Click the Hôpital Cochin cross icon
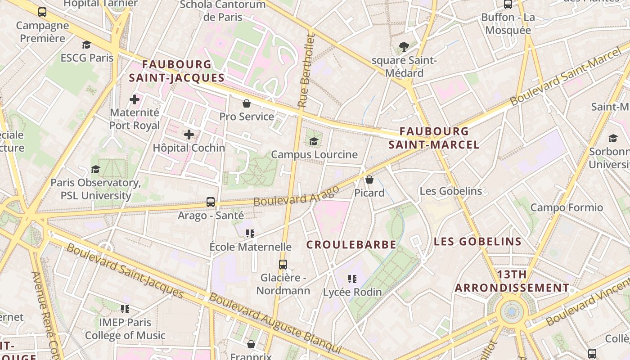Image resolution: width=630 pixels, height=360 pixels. (189, 134)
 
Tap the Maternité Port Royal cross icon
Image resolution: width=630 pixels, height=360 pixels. (135, 99)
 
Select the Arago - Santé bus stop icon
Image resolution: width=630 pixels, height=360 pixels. (210, 202)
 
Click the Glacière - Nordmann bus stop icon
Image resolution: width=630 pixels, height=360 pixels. (283, 265)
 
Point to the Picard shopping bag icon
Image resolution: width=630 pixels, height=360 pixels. (369, 180)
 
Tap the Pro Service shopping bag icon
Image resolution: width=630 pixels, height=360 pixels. (247, 103)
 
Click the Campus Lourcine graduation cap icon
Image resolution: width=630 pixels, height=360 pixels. (314, 141)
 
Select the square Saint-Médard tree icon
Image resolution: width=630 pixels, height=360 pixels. (404, 46)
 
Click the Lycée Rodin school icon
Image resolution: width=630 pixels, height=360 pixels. (352, 279)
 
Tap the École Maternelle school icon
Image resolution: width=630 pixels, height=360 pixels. (250, 234)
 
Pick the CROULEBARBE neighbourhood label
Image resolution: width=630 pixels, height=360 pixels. (351, 245)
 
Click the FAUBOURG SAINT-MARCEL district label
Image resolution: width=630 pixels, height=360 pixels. (434, 138)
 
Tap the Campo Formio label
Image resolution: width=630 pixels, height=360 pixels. (567, 207)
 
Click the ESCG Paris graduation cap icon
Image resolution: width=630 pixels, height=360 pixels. (86, 45)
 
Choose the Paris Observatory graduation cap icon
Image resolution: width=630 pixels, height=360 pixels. (95, 169)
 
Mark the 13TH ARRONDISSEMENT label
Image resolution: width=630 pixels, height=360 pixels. (512, 281)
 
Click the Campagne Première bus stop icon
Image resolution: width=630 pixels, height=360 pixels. (42, 12)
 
